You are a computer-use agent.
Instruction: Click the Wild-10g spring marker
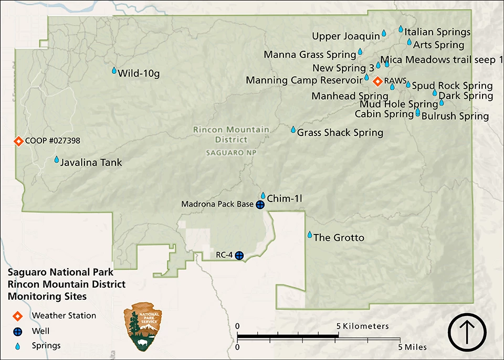[x=114, y=70]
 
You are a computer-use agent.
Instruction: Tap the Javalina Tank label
[x=91, y=162]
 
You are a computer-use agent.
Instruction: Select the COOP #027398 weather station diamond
[x=18, y=141]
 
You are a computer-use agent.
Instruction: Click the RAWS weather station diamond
[x=377, y=81]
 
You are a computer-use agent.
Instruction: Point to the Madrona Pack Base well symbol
[x=260, y=205]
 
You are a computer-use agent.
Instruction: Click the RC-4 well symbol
[x=239, y=256]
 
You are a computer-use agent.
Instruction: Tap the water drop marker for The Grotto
[x=310, y=235]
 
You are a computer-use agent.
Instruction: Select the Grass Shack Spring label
[x=340, y=132]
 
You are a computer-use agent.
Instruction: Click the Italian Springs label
[x=437, y=33]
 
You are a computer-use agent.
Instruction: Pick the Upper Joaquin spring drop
[x=384, y=33]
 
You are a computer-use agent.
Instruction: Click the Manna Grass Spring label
[x=310, y=55]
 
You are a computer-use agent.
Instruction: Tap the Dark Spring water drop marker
[x=435, y=93]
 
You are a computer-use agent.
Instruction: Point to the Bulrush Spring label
[x=455, y=116]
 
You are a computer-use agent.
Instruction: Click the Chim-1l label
[x=285, y=198]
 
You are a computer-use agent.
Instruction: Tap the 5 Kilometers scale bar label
[x=363, y=326]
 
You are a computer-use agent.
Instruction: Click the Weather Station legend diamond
[x=18, y=316]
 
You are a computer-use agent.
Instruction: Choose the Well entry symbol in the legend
[x=18, y=331]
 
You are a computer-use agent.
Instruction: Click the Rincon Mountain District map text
[x=231, y=134]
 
